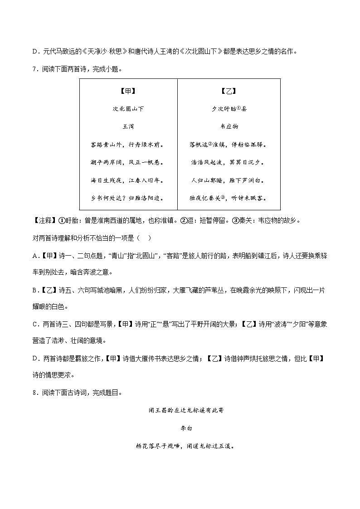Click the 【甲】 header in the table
coord(128,91)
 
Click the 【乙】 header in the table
coord(229,91)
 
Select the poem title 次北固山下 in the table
coord(128,109)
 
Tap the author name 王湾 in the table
coord(128,126)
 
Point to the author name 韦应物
coord(229,126)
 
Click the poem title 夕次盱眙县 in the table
coord(229,109)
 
